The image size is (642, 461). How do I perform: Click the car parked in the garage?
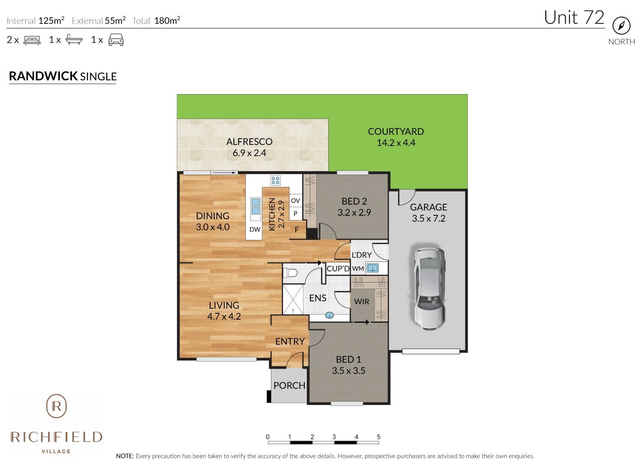pyautogui.click(x=429, y=288)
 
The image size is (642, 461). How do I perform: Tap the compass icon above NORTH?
pyautogui.click(x=621, y=26)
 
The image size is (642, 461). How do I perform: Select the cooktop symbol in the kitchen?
pyautogui.click(x=275, y=180)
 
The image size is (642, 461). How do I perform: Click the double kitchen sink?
pyautogui.click(x=255, y=206)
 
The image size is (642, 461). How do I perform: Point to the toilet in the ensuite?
pyautogui.click(x=291, y=273)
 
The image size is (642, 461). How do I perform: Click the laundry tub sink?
pyautogui.click(x=373, y=268)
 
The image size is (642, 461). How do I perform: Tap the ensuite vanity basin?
pyautogui.click(x=329, y=316)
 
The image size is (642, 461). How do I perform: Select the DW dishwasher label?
pyautogui.click(x=255, y=229)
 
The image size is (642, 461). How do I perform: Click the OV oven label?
pyautogui.click(x=295, y=200)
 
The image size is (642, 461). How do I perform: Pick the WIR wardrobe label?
pyautogui.click(x=362, y=301)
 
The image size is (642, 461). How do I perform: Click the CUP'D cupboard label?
pyautogui.click(x=338, y=268)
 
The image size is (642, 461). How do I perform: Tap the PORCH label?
pyautogui.click(x=289, y=385)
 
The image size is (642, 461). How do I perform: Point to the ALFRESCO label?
pyautogui.click(x=249, y=142)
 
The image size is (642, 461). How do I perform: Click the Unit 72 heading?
pyautogui.click(x=574, y=18)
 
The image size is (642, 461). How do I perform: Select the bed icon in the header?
pyautogui.click(x=32, y=40)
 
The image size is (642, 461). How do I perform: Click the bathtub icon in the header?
pyautogui.click(x=74, y=40)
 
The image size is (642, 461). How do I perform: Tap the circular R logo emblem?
pyautogui.click(x=56, y=406)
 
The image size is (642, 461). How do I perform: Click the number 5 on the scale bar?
pyautogui.click(x=378, y=437)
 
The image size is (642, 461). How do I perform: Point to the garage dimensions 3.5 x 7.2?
pyautogui.click(x=428, y=218)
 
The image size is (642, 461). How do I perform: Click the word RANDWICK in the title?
pyautogui.click(x=43, y=76)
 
